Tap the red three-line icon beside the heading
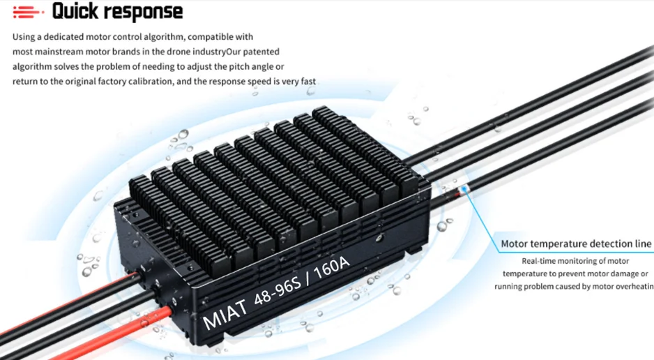(x=26, y=12)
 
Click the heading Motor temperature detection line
(x=576, y=243)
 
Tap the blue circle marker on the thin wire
(x=462, y=189)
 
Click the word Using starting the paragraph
(x=24, y=36)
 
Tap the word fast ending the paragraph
(x=307, y=82)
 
